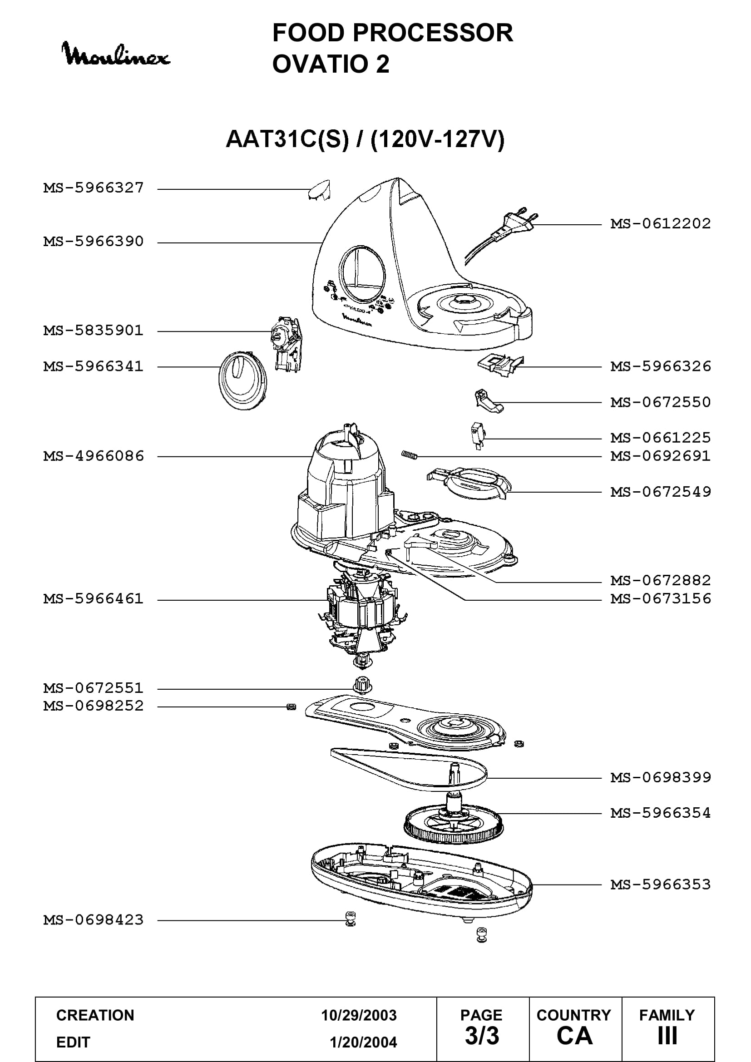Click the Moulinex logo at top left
click(x=116, y=54)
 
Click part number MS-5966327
click(x=94, y=188)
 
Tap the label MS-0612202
click(x=660, y=224)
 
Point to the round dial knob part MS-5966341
click(x=243, y=380)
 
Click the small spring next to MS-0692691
click(x=409, y=455)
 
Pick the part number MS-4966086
click(x=94, y=456)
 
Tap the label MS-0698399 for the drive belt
click(x=660, y=777)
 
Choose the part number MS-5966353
click(x=660, y=884)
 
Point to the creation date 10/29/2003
click(x=359, y=1015)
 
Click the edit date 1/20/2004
click(x=363, y=1042)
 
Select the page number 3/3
click(x=482, y=1036)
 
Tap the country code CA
click(x=575, y=1036)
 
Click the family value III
click(x=667, y=1036)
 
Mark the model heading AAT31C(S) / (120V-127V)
click(x=365, y=139)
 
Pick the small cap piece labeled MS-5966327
click(x=319, y=190)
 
